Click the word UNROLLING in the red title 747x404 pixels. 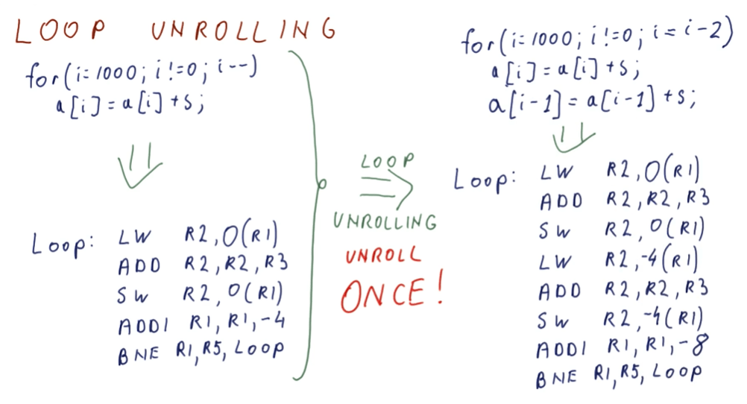(x=242, y=30)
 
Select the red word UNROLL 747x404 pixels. (x=383, y=255)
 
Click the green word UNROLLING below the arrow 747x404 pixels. (x=385, y=221)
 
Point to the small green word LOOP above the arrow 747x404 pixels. (x=387, y=160)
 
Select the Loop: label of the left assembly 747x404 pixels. (x=63, y=244)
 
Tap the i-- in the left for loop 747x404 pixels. (x=238, y=70)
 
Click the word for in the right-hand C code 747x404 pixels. (x=482, y=42)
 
